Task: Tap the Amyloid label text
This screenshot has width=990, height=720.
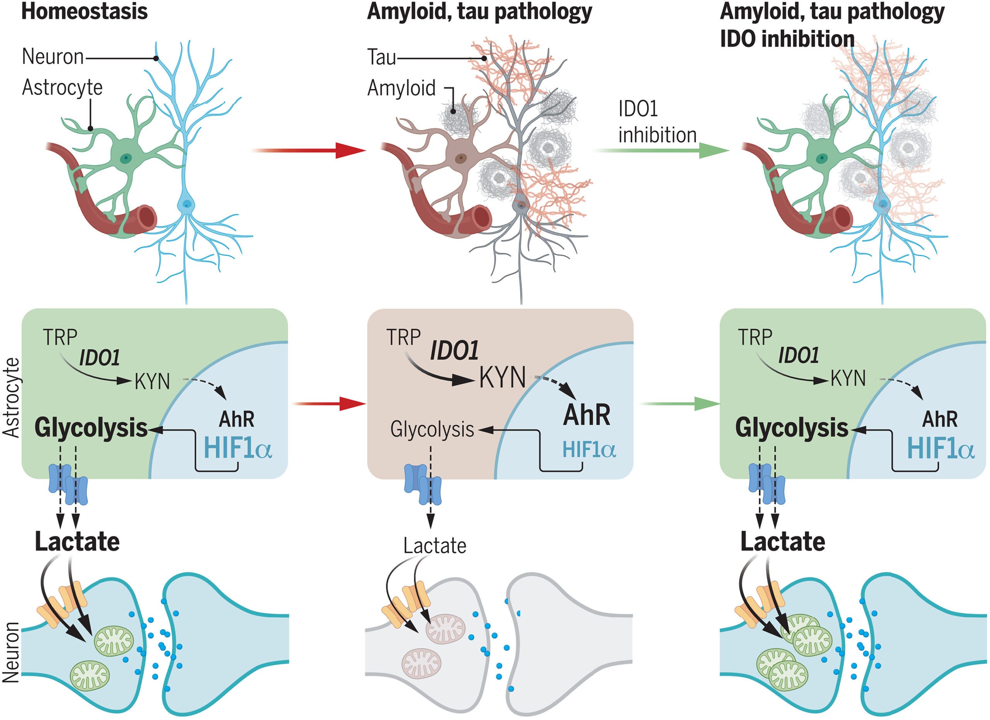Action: point(401,88)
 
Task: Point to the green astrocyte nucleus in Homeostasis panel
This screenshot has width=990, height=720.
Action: point(126,157)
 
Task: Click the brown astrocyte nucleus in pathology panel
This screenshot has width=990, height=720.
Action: point(460,158)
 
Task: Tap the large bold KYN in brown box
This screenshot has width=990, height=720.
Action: point(502,378)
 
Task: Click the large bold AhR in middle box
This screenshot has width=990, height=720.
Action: point(587,415)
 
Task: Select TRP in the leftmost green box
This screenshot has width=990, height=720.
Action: point(60,337)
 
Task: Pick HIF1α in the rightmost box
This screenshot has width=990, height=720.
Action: point(940,448)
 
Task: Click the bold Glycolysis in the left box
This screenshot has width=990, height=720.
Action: point(91,428)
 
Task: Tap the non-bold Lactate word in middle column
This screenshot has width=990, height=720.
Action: point(434,546)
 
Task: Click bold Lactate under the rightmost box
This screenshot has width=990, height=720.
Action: point(782,542)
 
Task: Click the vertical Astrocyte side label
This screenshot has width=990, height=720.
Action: point(12,397)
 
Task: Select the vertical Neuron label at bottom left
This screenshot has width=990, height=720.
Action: point(12,652)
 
